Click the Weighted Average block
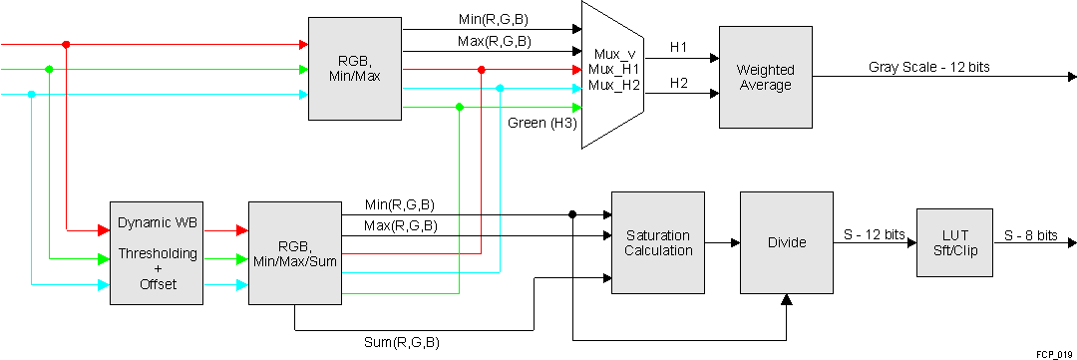click(765, 78)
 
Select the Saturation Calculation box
click(657, 242)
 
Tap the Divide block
click(786, 242)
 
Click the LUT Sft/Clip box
click(954, 242)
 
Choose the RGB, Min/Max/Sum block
click(294, 252)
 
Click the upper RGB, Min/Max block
click(355, 67)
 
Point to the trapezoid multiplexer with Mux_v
click(612, 70)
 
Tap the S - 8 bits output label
click(1030, 235)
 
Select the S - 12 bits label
click(873, 235)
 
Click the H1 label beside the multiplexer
click(678, 47)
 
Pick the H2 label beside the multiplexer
click(678, 83)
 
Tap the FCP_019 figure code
click(1053, 354)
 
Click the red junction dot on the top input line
click(66, 44)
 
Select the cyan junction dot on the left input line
click(32, 95)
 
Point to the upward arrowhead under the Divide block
click(786, 300)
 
